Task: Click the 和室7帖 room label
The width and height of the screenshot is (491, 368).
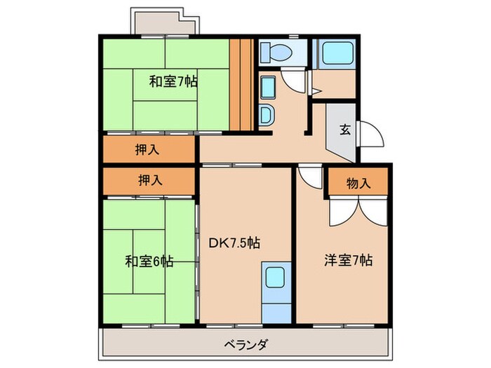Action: point(173,81)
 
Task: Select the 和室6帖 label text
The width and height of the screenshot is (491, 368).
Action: point(149,261)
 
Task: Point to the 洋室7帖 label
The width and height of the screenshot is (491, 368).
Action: point(348,260)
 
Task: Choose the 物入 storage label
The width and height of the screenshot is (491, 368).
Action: point(358,183)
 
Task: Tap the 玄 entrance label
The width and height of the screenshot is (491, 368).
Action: point(345,129)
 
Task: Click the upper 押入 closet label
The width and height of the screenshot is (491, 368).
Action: point(147,149)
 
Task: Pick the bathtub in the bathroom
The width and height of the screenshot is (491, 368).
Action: point(333,54)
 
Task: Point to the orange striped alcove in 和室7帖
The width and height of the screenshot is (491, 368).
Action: point(241,84)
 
